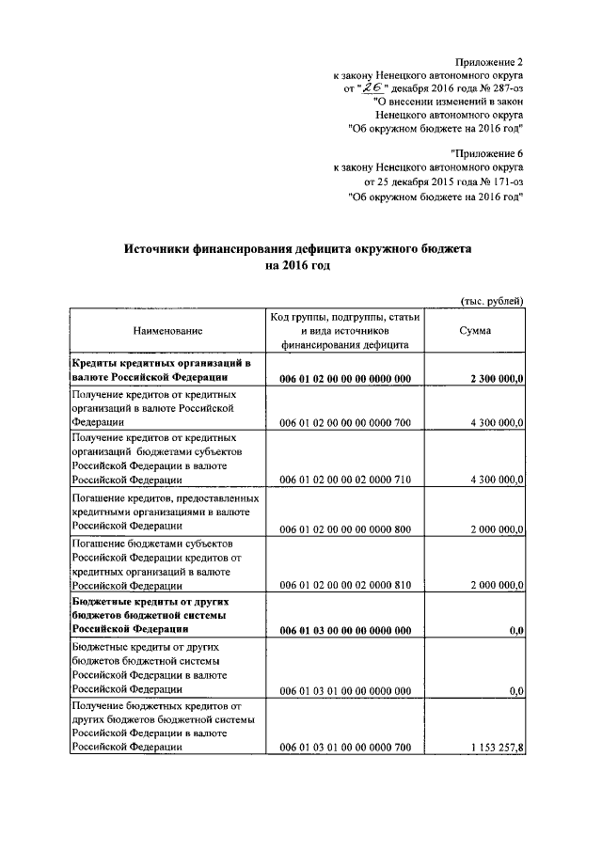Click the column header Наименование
pos(167,331)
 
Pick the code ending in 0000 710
pos(345,480)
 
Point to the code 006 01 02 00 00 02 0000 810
pos(345,583)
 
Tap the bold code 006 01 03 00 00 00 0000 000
pos(345,629)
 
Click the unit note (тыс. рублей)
pos(491,300)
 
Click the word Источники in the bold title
pos(157,249)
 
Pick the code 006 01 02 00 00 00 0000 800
pos(345,530)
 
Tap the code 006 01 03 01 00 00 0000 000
pos(345,690)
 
